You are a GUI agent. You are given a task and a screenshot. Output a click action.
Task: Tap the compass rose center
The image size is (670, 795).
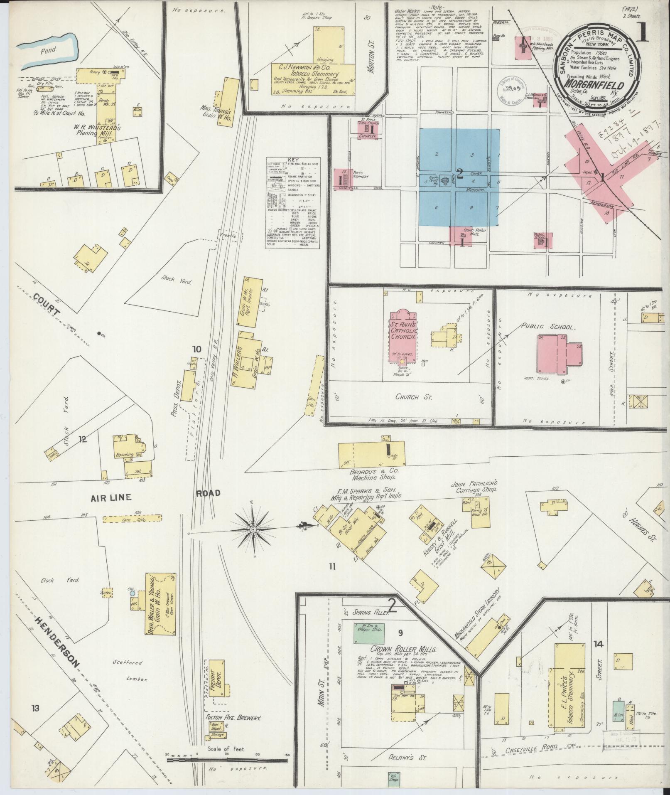click(253, 529)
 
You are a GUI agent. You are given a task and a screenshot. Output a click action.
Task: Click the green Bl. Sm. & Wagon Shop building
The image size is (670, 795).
click(369, 633)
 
